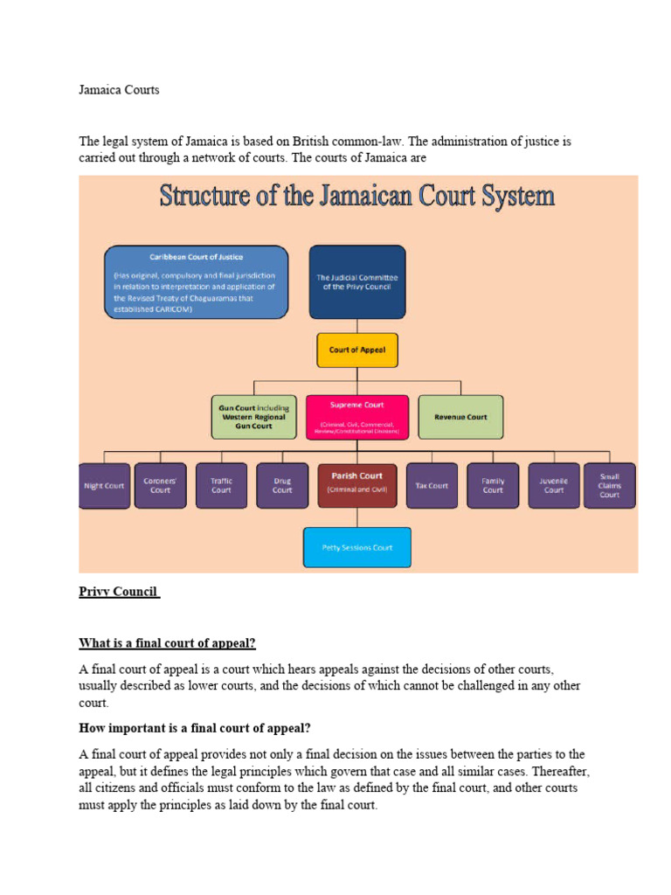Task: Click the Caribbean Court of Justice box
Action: coord(196,282)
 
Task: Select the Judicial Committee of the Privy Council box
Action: coord(356,281)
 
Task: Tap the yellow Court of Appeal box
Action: coord(356,350)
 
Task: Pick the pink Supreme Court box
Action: coord(356,417)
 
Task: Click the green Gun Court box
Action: coord(252,417)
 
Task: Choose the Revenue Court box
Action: coord(460,417)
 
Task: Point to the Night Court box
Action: coord(105,486)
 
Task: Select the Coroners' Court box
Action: coord(160,486)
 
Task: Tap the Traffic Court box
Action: coord(221,486)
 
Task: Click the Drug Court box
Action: coord(282,486)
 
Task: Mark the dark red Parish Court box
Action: coord(356,485)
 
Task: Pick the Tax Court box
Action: coord(432,486)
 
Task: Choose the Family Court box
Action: coord(493,486)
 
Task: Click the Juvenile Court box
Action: coord(554,486)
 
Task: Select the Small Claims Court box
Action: coord(610,486)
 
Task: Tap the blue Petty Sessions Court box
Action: coord(356,547)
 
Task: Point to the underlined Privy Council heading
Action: coord(119,592)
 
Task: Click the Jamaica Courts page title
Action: coord(119,90)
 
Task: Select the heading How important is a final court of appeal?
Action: coord(195,728)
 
